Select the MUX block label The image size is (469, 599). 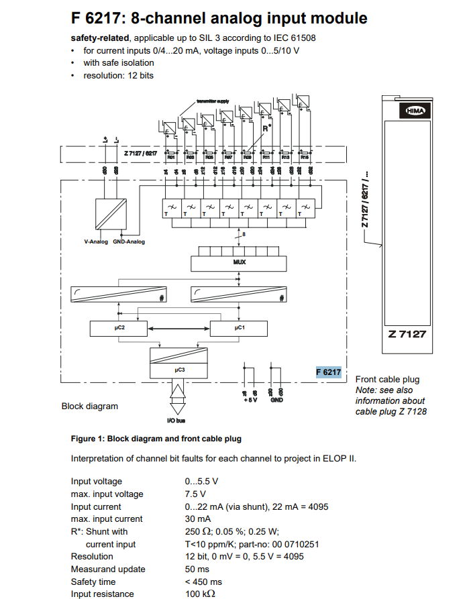pyautogui.click(x=240, y=262)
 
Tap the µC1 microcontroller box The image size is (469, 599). pyautogui.click(x=239, y=329)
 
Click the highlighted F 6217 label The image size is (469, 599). pyautogui.click(x=329, y=372)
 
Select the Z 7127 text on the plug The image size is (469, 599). pyautogui.click(x=407, y=334)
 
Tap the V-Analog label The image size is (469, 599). pyautogui.click(x=96, y=241)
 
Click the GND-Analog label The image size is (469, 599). pyautogui.click(x=128, y=241)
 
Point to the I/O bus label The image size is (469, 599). pyautogui.click(x=176, y=421)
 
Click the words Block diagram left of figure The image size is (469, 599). pyautogui.click(x=89, y=406)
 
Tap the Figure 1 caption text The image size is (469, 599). pyautogui.click(x=156, y=439)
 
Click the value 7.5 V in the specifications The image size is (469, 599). pyautogui.click(x=195, y=494)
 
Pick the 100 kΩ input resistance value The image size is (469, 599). pyautogui.click(x=200, y=594)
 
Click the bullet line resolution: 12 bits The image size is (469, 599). pyautogui.click(x=118, y=75)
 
